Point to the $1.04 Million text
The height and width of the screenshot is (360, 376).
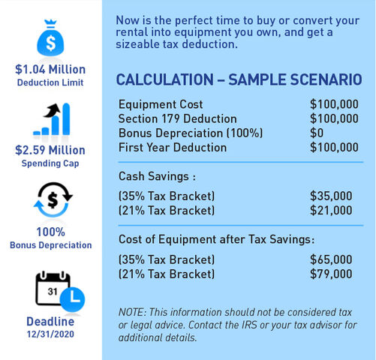pos(50,69)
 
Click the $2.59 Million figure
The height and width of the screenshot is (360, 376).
pos(50,150)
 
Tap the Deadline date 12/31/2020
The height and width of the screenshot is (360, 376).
pos(50,334)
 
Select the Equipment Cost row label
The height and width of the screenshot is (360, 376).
pos(161,104)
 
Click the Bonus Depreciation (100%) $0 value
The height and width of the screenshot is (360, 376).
pos(317,133)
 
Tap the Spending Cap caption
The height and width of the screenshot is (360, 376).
pos(50,163)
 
